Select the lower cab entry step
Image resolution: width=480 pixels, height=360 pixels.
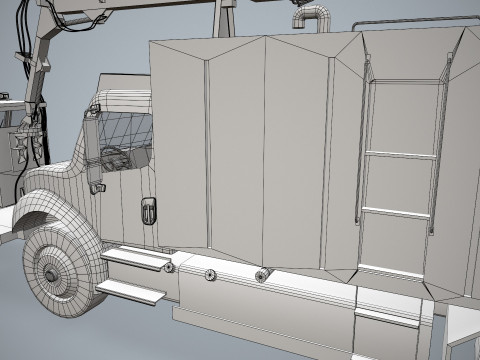(131, 291)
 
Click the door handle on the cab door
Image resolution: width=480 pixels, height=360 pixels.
(148, 210)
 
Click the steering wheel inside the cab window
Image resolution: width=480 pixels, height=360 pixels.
(112, 156)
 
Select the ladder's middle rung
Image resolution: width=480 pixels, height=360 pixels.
(400, 154)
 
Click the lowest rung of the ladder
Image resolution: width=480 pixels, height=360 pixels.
(394, 270)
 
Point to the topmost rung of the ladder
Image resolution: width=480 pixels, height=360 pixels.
(405, 83)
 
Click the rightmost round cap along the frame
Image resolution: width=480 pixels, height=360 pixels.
(263, 275)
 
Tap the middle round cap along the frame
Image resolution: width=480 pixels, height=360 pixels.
(210, 274)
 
